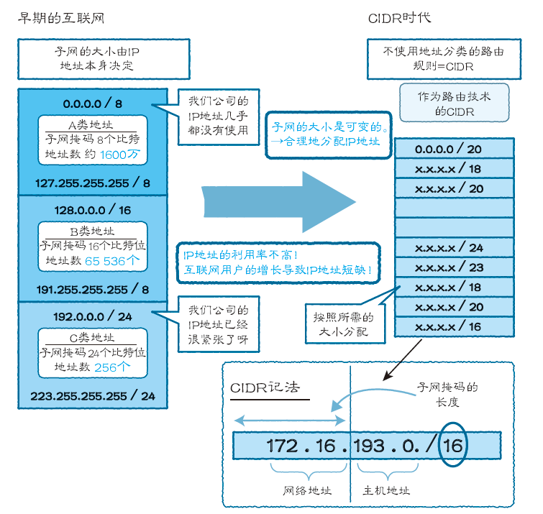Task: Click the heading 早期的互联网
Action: point(61,18)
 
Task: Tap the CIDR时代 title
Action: point(400,18)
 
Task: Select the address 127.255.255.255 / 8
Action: point(93,183)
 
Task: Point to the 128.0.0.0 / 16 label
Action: point(93,210)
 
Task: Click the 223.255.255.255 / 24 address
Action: point(93,395)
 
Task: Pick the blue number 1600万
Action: point(120,155)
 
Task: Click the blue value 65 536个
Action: point(112,261)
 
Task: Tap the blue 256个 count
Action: point(112,367)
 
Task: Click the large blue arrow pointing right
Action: point(279,202)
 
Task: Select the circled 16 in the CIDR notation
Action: point(453,445)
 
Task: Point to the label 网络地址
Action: point(307,490)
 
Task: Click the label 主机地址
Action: point(386,490)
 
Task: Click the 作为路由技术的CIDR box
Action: point(455,103)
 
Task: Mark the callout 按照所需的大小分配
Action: point(345,324)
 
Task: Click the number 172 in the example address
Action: point(282,446)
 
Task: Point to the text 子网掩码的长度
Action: point(447,394)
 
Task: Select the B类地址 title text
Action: point(92,231)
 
